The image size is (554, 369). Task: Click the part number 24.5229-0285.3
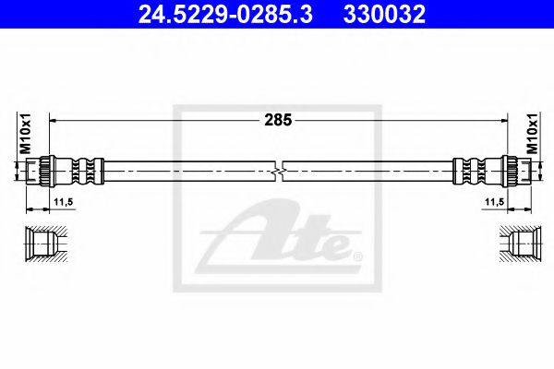click(231, 14)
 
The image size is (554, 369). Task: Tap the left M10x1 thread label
click(26, 135)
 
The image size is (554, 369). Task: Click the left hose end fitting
click(65, 173)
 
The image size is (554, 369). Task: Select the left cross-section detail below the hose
click(43, 242)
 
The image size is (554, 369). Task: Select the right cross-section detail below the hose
click(513, 242)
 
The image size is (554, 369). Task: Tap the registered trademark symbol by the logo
click(357, 255)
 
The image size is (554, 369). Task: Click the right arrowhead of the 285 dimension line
click(504, 119)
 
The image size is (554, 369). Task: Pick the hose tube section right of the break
click(369, 173)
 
